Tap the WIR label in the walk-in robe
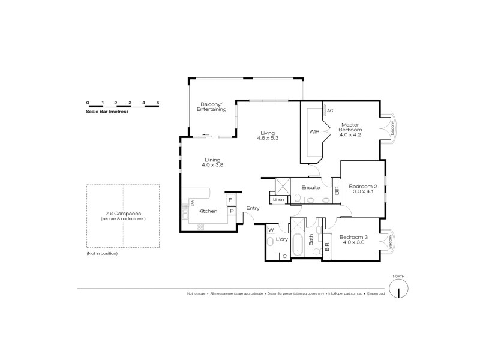click(x=314, y=131)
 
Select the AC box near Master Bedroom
click(x=330, y=110)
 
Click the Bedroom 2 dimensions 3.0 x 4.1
click(x=364, y=193)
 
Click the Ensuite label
click(x=310, y=188)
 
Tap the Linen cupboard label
click(x=278, y=200)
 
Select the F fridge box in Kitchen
click(x=230, y=200)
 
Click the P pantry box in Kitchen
click(x=230, y=211)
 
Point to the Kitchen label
click(x=208, y=211)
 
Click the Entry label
click(x=253, y=208)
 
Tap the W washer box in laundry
click(x=271, y=229)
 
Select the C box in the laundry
click(x=284, y=256)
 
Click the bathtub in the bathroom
click(x=298, y=245)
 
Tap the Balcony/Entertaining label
click(x=212, y=107)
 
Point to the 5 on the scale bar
click(x=158, y=103)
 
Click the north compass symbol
click(x=398, y=289)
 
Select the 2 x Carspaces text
click(x=123, y=214)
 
